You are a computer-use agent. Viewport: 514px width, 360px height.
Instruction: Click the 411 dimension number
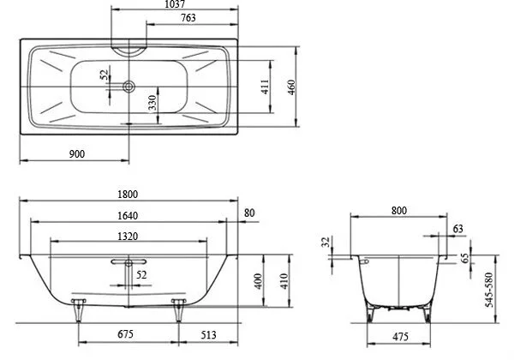pos(266,86)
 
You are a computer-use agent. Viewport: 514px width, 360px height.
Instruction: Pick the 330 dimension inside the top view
pos(151,103)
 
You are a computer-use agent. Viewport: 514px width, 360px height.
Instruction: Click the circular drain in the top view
pos(128,86)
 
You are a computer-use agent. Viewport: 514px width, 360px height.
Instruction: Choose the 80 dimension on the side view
pos(249,213)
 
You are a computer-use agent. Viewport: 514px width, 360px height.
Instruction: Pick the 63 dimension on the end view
pos(457,228)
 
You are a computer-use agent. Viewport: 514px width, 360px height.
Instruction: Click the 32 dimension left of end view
pos(326,243)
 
